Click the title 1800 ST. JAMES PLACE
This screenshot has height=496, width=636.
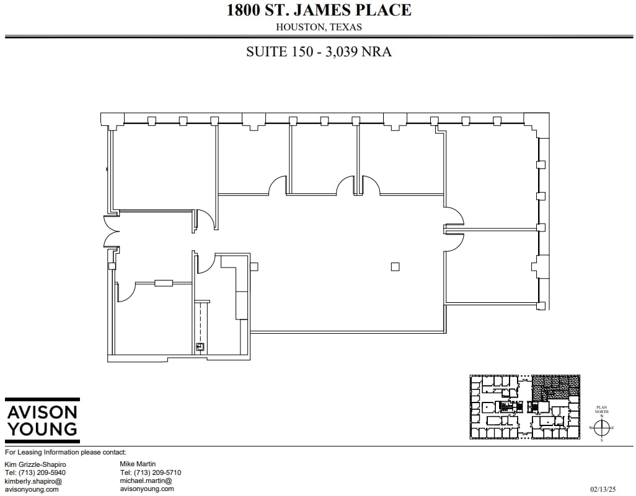point(319,10)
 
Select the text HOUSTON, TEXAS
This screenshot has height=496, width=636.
point(319,27)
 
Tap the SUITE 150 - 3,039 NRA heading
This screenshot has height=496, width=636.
point(319,52)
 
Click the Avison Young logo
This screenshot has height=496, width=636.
point(42,420)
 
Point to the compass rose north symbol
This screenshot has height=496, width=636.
point(601,427)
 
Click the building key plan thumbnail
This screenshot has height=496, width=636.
point(524,407)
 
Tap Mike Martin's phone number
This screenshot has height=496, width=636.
point(150,472)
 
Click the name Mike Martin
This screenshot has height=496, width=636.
point(138,464)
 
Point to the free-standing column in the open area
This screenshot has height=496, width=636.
point(395,267)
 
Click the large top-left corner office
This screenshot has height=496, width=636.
point(163,167)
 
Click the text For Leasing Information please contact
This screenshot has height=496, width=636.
point(66,453)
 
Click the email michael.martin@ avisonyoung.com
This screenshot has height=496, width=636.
point(146,484)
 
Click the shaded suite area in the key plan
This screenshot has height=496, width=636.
point(555,387)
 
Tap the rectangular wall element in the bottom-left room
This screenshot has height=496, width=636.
point(164,283)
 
